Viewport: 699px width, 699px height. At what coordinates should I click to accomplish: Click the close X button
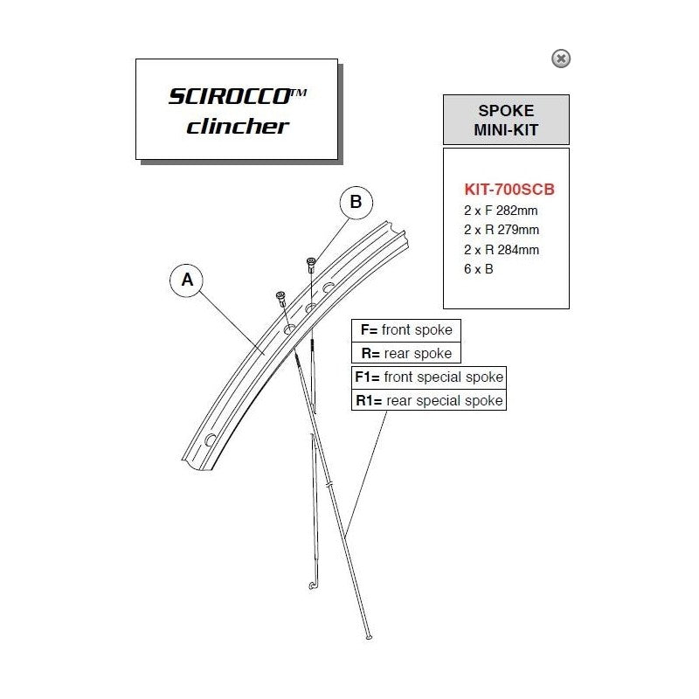pos(561,59)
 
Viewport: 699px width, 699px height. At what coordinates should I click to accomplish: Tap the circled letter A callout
pos(187,280)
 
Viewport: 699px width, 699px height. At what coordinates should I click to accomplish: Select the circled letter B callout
pos(356,202)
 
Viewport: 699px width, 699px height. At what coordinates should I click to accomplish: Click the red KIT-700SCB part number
pos(509,189)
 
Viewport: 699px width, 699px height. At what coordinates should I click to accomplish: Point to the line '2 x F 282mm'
pos(501,211)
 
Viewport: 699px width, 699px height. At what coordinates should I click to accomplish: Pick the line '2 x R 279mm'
pos(502,230)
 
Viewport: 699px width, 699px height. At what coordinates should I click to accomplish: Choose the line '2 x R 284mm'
pos(502,250)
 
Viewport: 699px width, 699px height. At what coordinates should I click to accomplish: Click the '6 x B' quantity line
pos(478,269)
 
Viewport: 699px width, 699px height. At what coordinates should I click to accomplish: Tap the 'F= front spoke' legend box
pos(406,330)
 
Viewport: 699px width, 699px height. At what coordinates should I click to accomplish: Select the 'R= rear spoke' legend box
pos(406,353)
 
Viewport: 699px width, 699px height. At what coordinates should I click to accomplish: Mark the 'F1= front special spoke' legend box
pos(429,377)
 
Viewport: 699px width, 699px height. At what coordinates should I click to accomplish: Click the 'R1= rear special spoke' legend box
pos(429,400)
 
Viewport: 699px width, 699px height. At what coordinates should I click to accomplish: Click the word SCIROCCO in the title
pos(230,96)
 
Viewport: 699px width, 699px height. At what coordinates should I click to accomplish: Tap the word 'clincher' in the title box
pos(238,126)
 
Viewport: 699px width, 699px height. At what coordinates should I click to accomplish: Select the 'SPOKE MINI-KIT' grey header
pos(506,120)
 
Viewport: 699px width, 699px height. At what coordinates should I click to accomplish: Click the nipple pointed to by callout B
pos(311,266)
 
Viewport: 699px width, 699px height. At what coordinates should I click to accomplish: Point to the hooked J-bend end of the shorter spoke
pos(313,585)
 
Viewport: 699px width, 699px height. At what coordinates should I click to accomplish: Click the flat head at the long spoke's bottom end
pos(369,637)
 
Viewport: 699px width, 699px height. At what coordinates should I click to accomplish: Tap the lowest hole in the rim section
pos(210,440)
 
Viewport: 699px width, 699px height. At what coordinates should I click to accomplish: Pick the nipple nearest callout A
pos(280,298)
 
